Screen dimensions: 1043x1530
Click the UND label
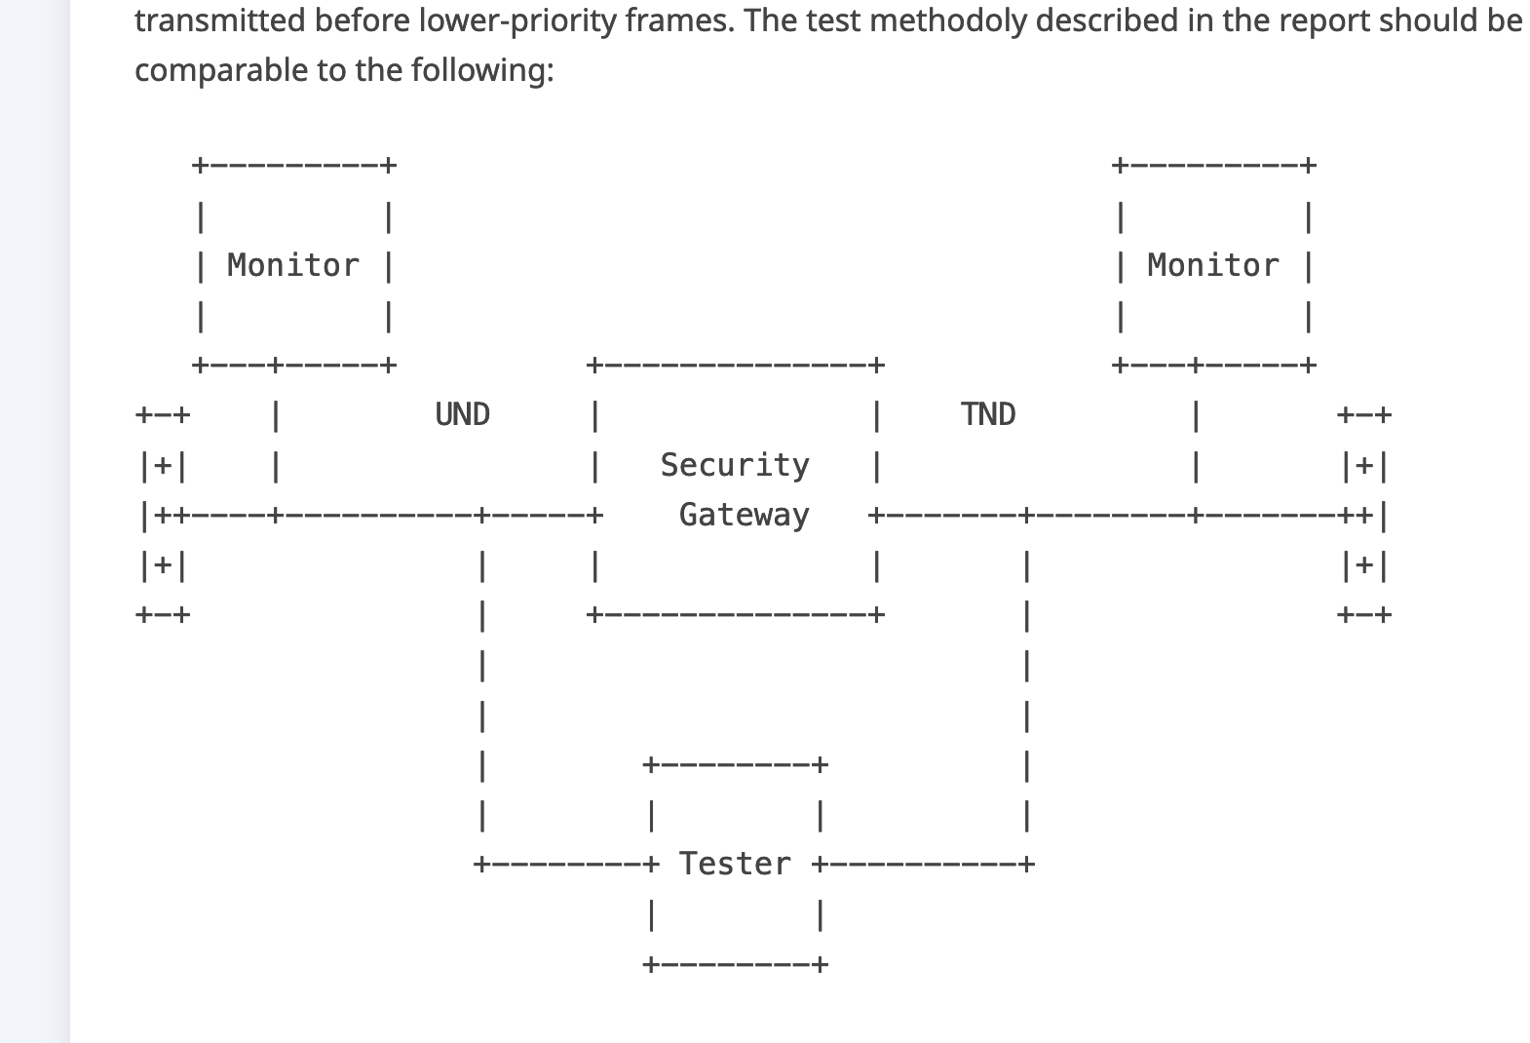[x=462, y=414]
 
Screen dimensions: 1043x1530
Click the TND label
[x=988, y=414]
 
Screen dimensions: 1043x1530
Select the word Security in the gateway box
[x=735, y=465]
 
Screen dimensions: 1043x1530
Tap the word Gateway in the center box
[x=744, y=515]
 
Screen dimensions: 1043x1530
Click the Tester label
[x=735, y=864]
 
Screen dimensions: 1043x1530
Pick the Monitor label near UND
[x=293, y=265]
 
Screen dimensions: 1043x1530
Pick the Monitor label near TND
[x=1213, y=265]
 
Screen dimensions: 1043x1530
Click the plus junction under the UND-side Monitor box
[x=276, y=366]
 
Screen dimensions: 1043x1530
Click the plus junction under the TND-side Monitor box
[x=1196, y=366]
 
